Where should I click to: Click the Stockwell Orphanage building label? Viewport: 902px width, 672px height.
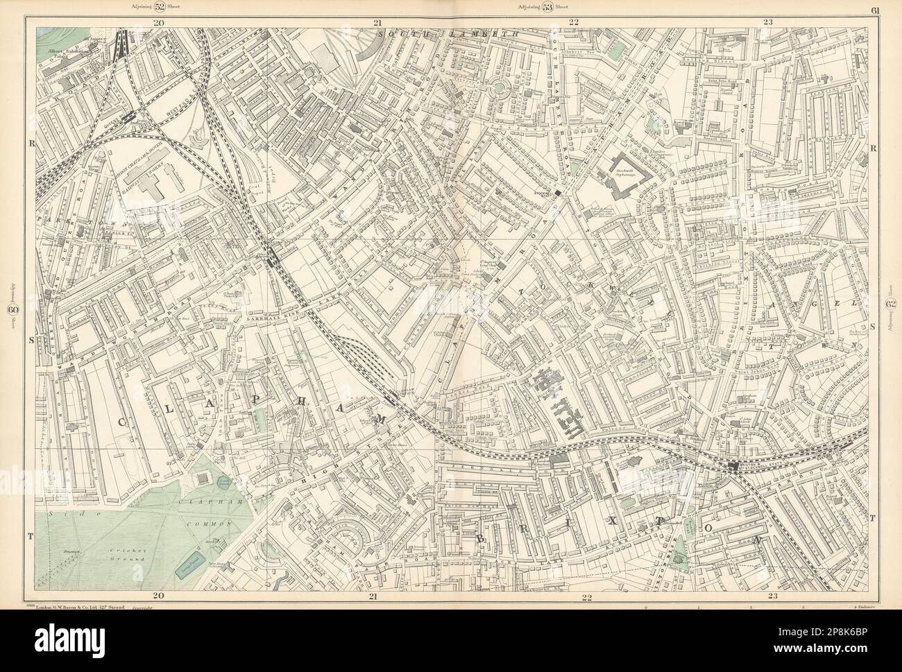pos(629,172)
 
